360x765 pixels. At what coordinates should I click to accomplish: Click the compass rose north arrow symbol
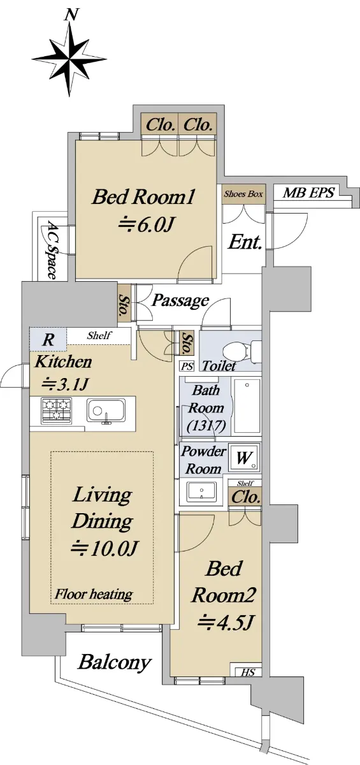[69, 56]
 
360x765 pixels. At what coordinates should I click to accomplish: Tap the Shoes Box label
[243, 194]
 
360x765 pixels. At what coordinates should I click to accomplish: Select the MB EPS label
[308, 193]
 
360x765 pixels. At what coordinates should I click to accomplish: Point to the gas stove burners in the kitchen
[56, 410]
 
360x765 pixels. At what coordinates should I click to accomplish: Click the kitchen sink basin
[106, 411]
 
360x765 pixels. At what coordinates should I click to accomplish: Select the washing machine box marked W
[243, 458]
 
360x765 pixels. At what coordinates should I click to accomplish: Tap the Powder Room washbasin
[201, 492]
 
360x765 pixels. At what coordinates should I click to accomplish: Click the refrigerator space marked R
[48, 340]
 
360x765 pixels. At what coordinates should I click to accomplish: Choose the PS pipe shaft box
[187, 367]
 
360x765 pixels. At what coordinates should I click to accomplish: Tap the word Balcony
[115, 663]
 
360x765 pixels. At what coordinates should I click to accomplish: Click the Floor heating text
[94, 595]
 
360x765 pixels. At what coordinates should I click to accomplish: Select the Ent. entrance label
[245, 242]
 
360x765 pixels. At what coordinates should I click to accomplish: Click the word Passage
[180, 301]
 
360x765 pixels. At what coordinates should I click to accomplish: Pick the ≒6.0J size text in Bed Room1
[147, 224]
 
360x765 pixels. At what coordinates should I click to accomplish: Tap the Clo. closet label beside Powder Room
[246, 497]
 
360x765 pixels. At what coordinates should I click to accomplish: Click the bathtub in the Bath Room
[247, 406]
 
